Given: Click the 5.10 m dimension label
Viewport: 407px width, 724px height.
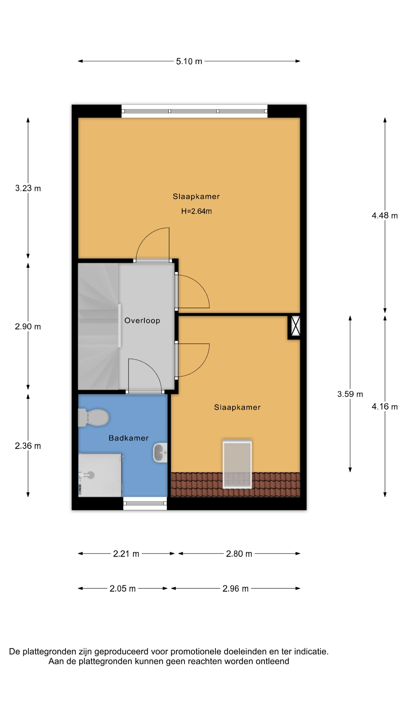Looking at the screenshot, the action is (189, 61).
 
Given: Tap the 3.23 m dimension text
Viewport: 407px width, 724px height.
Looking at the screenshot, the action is (28, 188).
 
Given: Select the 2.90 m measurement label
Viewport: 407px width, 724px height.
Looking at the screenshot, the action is (28, 327).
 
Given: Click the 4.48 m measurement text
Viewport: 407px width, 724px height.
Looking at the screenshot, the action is (385, 216).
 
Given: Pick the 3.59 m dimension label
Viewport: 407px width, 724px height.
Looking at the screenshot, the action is (350, 394).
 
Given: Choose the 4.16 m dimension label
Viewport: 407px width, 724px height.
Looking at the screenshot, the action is (385, 406).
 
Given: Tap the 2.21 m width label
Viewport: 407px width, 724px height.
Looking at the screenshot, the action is (126, 554).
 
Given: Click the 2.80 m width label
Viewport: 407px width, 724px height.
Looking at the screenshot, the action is (239, 554).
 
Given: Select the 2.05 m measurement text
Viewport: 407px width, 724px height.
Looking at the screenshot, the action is (122, 589).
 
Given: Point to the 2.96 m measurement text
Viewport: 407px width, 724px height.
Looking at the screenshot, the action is (235, 589).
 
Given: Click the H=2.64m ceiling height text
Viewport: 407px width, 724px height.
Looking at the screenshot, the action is (196, 211).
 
